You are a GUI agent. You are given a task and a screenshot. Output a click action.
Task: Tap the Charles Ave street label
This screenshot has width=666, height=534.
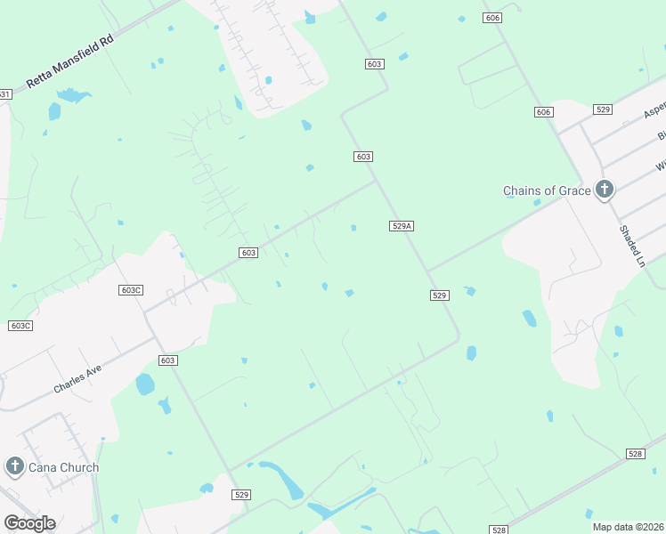pos(77,377)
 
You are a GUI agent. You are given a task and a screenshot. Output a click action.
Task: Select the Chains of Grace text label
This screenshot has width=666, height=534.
pos(546,190)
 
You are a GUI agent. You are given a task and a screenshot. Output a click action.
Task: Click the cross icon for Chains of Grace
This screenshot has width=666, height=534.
pos(605,189)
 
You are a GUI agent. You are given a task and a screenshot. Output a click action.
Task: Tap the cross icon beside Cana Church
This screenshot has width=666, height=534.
pos(14,466)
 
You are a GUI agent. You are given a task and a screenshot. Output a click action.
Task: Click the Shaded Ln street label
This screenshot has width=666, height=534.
pos(631,245)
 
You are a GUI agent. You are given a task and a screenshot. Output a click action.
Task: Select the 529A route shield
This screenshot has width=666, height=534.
pos(402,226)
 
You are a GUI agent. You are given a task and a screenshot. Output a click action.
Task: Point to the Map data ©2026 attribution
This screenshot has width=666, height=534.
pos(628,527)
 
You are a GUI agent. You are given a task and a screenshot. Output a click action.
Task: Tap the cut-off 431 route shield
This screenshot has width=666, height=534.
pos(4,94)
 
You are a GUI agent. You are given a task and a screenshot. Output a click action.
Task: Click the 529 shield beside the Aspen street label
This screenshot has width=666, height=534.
pos(603,109)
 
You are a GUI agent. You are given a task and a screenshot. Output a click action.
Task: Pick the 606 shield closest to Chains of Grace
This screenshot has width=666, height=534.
pos(544,111)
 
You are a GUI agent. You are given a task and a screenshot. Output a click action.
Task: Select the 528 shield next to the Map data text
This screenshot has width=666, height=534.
pos(499,530)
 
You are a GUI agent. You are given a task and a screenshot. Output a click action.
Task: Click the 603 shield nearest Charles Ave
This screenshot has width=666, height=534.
pos(169,360)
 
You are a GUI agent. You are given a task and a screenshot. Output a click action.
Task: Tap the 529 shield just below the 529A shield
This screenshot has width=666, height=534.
pos(439,295)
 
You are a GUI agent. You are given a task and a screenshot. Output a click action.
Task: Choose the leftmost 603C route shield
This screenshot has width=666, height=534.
pos(20,326)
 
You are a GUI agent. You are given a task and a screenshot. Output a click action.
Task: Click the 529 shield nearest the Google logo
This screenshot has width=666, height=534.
pos(240,494)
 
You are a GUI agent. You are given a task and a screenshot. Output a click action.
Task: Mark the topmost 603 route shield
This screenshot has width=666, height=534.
pos(374,63)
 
